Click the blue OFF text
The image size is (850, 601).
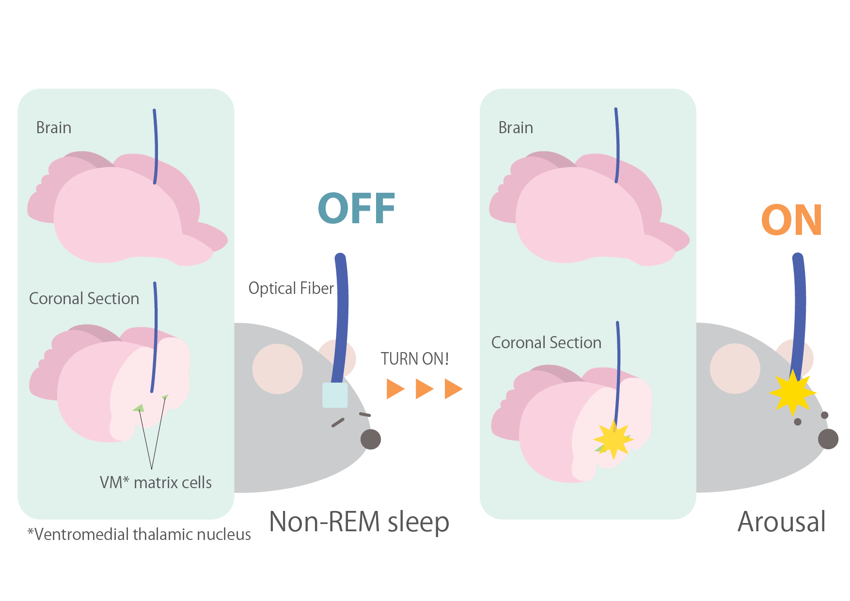tap(357, 209)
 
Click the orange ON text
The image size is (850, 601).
tap(791, 220)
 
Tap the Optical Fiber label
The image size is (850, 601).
tap(291, 288)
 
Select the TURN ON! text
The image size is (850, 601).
tap(414, 359)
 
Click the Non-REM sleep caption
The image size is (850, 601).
tap(359, 522)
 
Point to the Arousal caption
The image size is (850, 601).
tap(781, 522)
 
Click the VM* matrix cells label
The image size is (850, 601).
tap(156, 482)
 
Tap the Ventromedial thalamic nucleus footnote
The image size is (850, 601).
tap(140, 534)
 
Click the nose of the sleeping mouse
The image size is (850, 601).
tap(371, 439)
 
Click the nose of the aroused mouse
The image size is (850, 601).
tap(828, 439)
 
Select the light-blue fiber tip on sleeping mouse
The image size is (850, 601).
tap(335, 395)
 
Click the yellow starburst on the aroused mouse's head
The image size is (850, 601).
tap(792, 393)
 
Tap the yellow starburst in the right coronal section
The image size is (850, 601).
tap(614, 439)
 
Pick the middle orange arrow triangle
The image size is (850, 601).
tap(424, 389)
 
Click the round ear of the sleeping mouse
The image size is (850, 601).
tap(278, 369)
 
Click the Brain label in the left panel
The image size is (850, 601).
tap(54, 128)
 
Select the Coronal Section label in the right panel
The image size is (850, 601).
tap(546, 343)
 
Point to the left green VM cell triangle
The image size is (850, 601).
tap(139, 408)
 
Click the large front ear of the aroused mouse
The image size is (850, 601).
tap(735, 369)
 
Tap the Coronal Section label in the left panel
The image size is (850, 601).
tap(84, 299)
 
